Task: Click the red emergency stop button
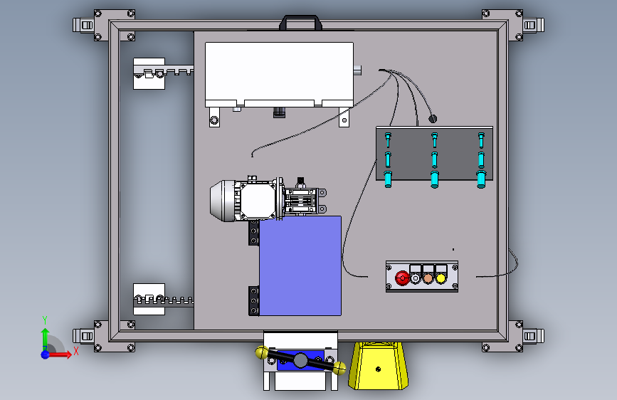(x=402, y=278)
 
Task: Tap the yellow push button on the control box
(x=441, y=278)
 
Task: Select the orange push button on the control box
(x=428, y=278)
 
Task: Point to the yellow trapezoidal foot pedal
(x=378, y=366)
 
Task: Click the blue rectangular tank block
(x=300, y=265)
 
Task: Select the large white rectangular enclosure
(x=279, y=75)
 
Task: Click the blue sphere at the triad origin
(x=46, y=354)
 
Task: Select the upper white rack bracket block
(x=149, y=73)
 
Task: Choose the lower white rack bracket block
(x=149, y=299)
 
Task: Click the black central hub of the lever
(x=300, y=360)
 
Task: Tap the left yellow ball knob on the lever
(x=261, y=352)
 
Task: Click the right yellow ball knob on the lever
(x=339, y=368)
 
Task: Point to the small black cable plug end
(x=433, y=118)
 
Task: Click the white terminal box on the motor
(x=258, y=200)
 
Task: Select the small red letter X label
(x=76, y=351)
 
